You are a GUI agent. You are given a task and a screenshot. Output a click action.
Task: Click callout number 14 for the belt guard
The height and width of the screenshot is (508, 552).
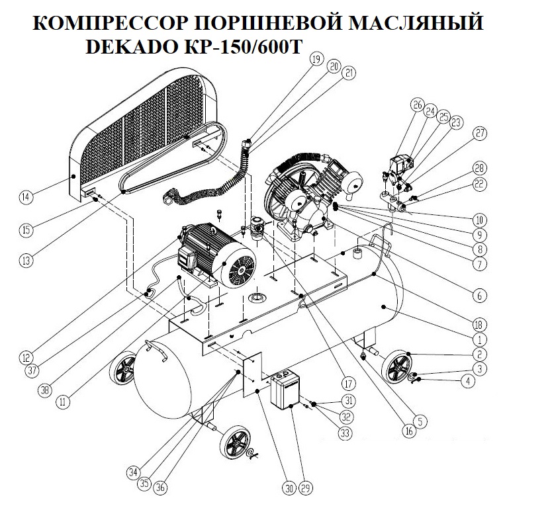[x=26, y=196]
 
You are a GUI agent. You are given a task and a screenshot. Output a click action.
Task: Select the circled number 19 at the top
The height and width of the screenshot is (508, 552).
[x=316, y=60]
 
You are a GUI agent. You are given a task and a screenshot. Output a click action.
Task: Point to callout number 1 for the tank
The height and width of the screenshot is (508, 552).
[x=477, y=338]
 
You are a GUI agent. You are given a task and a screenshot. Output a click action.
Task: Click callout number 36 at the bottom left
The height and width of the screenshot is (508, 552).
[x=160, y=489]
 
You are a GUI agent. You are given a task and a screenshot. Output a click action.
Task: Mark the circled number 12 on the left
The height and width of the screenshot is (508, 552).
[x=26, y=357]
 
